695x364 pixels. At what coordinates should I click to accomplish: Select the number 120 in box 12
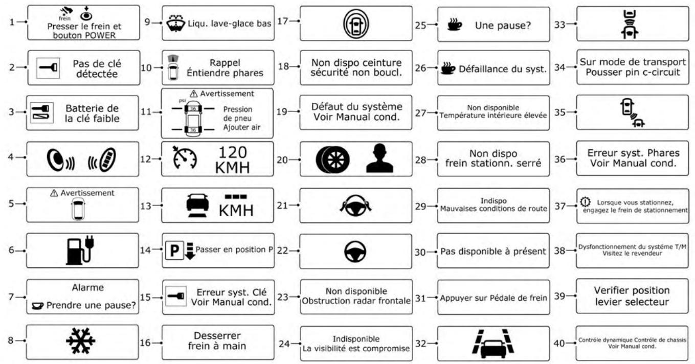(233, 152)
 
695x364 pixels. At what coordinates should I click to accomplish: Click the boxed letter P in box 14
(173, 251)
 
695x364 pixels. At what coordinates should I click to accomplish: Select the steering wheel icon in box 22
(356, 251)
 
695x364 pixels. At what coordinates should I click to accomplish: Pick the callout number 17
(283, 21)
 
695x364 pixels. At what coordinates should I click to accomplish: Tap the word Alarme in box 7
(82, 287)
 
